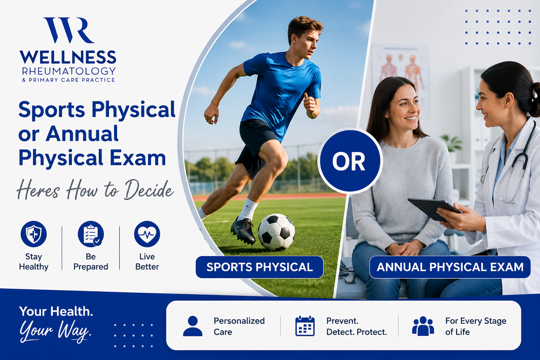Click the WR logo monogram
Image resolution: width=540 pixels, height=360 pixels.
pyautogui.click(x=69, y=30)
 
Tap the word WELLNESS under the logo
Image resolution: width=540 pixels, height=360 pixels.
pyautogui.click(x=68, y=57)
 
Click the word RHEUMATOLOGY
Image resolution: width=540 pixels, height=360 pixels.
pyautogui.click(x=69, y=71)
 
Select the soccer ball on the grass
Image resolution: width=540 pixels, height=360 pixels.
pyautogui.click(x=276, y=232)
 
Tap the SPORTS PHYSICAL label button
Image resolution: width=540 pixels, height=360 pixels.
pyautogui.click(x=259, y=267)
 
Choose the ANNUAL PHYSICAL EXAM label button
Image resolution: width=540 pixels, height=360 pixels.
pyautogui.click(x=450, y=267)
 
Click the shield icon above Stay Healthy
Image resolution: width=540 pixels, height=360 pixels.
pyautogui.click(x=34, y=234)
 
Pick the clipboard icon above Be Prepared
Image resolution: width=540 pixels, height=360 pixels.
pyautogui.click(x=91, y=234)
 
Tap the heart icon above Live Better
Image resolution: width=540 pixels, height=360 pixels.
pyautogui.click(x=147, y=234)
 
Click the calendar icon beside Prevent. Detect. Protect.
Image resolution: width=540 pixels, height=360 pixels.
pyautogui.click(x=305, y=326)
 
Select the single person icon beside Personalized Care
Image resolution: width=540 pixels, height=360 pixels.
pyautogui.click(x=193, y=326)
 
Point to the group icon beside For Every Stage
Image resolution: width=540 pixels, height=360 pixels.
pyautogui.click(x=423, y=326)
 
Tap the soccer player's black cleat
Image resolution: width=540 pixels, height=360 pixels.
pyautogui.click(x=243, y=230)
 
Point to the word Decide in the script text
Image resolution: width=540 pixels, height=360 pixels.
pyautogui.click(x=149, y=190)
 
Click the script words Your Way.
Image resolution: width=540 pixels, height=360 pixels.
pyautogui.click(x=56, y=331)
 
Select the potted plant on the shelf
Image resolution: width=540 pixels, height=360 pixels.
pyautogui.click(x=452, y=149)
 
